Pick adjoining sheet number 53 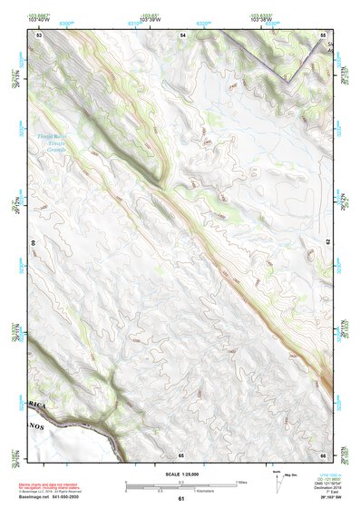[40, 34]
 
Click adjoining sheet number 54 [182, 34]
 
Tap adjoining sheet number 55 [323, 34]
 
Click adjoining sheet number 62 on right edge [327, 243]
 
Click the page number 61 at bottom [181, 499]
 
